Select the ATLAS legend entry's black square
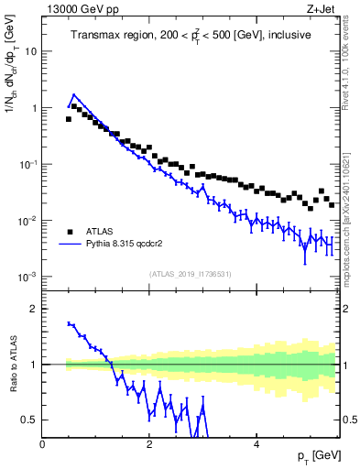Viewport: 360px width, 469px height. (71, 232)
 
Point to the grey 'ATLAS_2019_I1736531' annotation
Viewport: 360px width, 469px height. (190, 274)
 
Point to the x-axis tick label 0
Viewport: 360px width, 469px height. (43, 442)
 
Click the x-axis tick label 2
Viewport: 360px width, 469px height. (148, 442)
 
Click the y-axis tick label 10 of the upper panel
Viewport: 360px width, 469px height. (29, 51)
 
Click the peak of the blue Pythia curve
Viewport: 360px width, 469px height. (74, 93)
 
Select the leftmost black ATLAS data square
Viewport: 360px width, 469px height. (68, 119)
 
